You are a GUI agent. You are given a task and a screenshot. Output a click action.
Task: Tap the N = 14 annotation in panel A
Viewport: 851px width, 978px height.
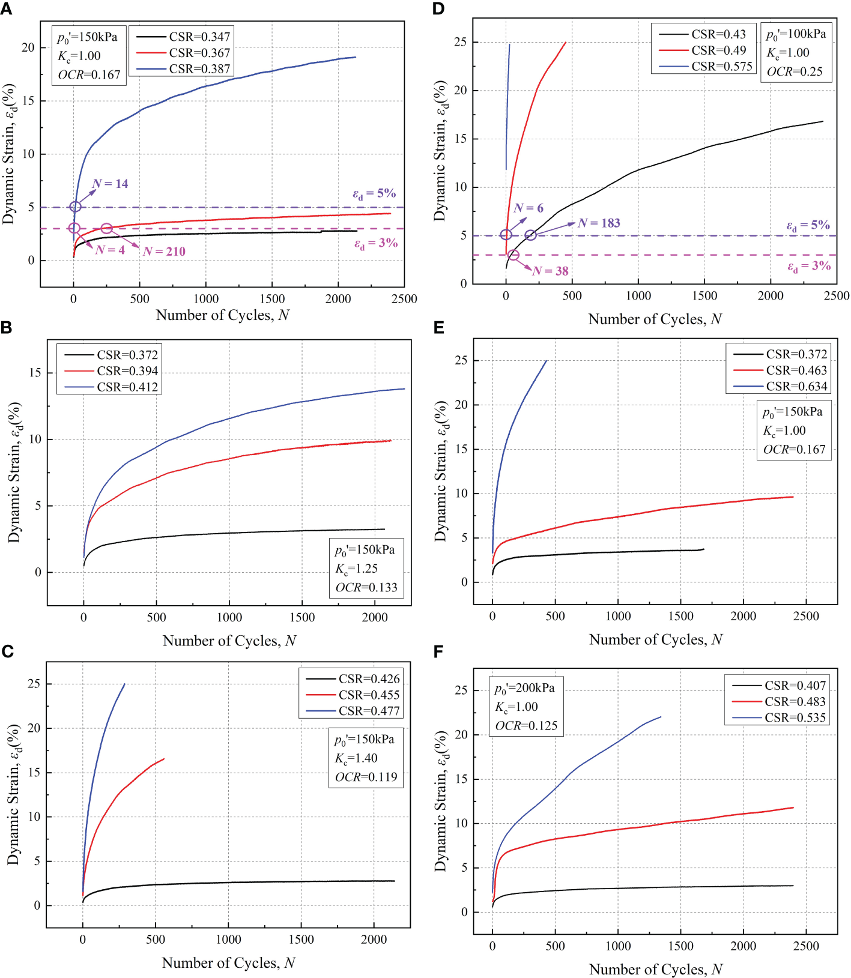pyautogui.click(x=111, y=184)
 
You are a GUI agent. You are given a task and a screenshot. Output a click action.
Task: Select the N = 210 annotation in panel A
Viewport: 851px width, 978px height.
pyautogui.click(x=164, y=252)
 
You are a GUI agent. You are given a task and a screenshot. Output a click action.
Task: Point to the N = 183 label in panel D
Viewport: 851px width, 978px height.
pyautogui.click(x=599, y=223)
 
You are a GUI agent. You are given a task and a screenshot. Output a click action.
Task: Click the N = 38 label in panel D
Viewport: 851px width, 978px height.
pyautogui.click(x=550, y=271)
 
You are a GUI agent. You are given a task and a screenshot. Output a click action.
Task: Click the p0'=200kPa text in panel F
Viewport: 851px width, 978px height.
pyautogui.click(x=524, y=688)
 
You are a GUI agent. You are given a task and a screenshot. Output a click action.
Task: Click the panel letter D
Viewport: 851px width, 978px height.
pyautogui.click(x=438, y=8)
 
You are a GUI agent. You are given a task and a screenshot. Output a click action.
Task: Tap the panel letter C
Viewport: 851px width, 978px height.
pyautogui.click(x=7, y=651)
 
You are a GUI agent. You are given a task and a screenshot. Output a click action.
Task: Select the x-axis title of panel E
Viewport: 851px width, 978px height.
pyautogui.click(x=655, y=640)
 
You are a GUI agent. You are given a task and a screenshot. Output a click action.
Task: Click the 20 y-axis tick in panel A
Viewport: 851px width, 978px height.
pyautogui.click(x=28, y=47)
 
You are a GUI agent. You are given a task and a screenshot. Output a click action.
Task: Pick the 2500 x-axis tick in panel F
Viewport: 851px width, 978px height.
pyautogui.click(x=806, y=946)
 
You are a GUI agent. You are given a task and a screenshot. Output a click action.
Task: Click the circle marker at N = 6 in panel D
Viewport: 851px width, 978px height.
pyautogui.click(x=506, y=235)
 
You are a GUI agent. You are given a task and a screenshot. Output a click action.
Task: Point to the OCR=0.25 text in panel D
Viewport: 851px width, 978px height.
pyautogui.click(x=795, y=71)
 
